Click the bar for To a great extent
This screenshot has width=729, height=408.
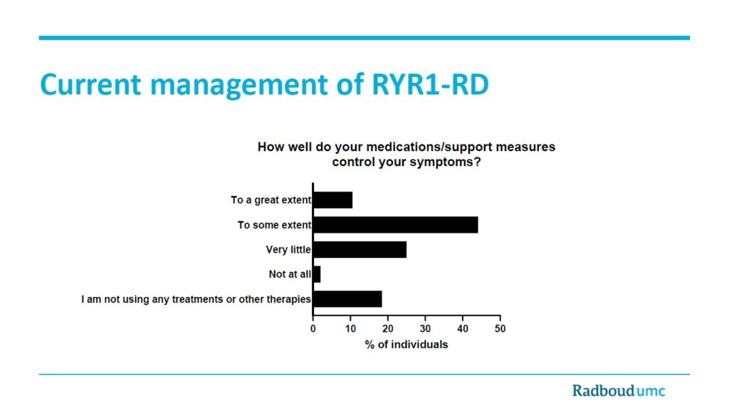pyautogui.click(x=333, y=200)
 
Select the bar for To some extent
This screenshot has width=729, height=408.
pyautogui.click(x=396, y=225)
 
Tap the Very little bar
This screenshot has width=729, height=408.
pyautogui.click(x=360, y=250)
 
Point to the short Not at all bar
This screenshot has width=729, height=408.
pyautogui.click(x=317, y=274)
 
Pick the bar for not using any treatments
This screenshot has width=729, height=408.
pyautogui.click(x=347, y=299)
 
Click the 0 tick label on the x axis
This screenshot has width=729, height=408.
pyautogui.click(x=313, y=329)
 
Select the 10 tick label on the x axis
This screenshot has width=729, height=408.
pyautogui.click(x=350, y=329)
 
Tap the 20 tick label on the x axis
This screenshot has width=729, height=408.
pyautogui.click(x=388, y=329)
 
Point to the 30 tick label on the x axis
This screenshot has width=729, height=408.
pyautogui.click(x=426, y=329)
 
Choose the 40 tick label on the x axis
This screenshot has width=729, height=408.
pyautogui.click(x=463, y=329)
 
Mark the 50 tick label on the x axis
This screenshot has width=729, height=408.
pyautogui.click(x=500, y=329)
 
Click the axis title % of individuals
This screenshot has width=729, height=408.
pyautogui.click(x=407, y=345)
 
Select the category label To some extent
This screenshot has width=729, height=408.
pyautogui.click(x=274, y=225)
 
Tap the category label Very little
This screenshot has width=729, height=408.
pyautogui.click(x=288, y=250)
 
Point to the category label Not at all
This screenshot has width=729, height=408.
pyautogui.click(x=290, y=274)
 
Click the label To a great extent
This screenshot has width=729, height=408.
pyautogui.click(x=271, y=200)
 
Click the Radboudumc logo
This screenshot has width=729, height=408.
pyautogui.click(x=619, y=390)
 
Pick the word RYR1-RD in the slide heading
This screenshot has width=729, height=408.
pyautogui.click(x=430, y=85)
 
